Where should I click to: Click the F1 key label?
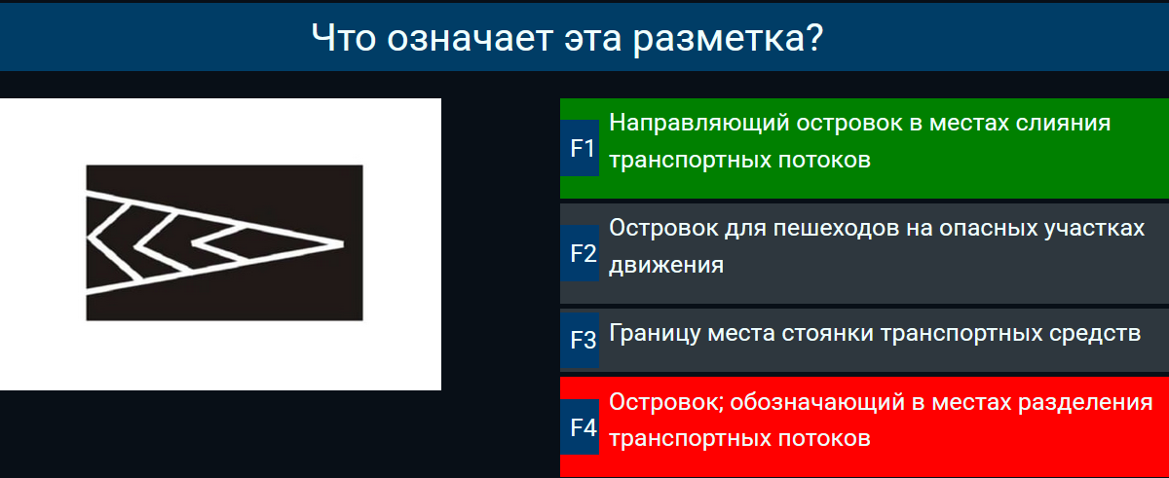click(x=583, y=149)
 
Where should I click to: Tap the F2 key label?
click(x=583, y=254)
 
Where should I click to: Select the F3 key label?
click(x=583, y=341)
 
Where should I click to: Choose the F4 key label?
click(x=584, y=427)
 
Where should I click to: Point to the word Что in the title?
click(x=343, y=38)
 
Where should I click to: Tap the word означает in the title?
click(x=470, y=39)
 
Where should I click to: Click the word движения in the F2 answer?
click(x=666, y=266)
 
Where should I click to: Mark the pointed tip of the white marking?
click(x=342, y=243)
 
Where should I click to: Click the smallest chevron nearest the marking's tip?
click(x=219, y=243)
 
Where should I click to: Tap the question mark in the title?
click(x=813, y=38)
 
